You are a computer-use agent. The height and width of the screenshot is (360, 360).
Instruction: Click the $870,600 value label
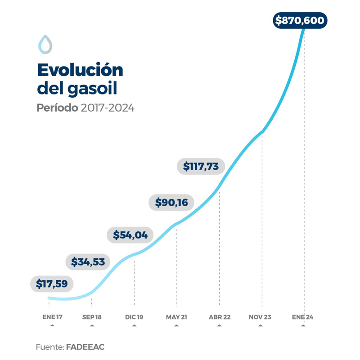300,21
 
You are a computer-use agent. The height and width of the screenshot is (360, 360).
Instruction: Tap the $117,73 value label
201,166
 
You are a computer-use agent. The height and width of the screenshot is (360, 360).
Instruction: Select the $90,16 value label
171,202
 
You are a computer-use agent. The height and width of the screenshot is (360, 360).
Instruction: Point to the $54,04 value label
130,235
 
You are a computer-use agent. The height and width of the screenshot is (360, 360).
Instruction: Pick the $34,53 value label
88,261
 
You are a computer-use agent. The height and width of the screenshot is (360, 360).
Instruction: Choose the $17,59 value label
52,284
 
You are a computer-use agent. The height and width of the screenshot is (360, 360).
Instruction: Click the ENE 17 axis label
52,317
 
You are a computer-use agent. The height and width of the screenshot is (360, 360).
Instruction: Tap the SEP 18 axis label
92,317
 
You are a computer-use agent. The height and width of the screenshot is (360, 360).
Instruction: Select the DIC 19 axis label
134,317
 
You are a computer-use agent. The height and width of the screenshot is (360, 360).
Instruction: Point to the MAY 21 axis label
176,317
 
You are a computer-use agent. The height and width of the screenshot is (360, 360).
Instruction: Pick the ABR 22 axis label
220,317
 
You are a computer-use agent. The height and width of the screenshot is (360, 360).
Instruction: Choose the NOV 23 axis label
260,317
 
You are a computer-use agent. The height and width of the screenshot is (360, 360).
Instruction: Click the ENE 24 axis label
302,317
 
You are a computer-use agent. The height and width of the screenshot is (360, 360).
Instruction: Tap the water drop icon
45,44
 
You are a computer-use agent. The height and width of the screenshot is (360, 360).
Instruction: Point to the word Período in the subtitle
57,108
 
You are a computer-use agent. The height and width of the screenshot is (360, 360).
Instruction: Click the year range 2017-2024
108,108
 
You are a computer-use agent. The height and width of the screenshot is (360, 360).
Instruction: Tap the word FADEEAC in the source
85,347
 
